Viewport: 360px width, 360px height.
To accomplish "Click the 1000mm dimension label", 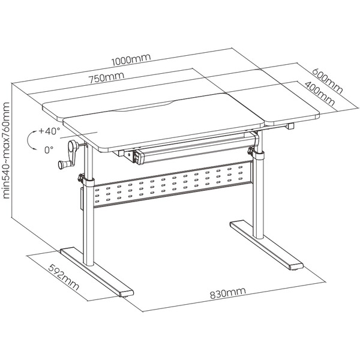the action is point(131,60).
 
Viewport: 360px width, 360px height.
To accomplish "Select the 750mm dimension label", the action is point(107,77).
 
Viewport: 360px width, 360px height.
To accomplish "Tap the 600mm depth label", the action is point(327,81).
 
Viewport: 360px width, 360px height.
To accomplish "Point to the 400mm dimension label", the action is point(319,93).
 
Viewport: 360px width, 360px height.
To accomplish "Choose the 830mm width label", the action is point(228,293).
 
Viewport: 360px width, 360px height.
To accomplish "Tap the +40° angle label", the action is point(49,131).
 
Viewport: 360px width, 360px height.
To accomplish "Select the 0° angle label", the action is point(49,149).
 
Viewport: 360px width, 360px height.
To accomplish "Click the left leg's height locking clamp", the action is point(86,180).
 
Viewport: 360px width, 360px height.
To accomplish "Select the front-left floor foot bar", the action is point(97,272).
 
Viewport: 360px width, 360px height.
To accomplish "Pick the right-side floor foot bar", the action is point(266,245).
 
